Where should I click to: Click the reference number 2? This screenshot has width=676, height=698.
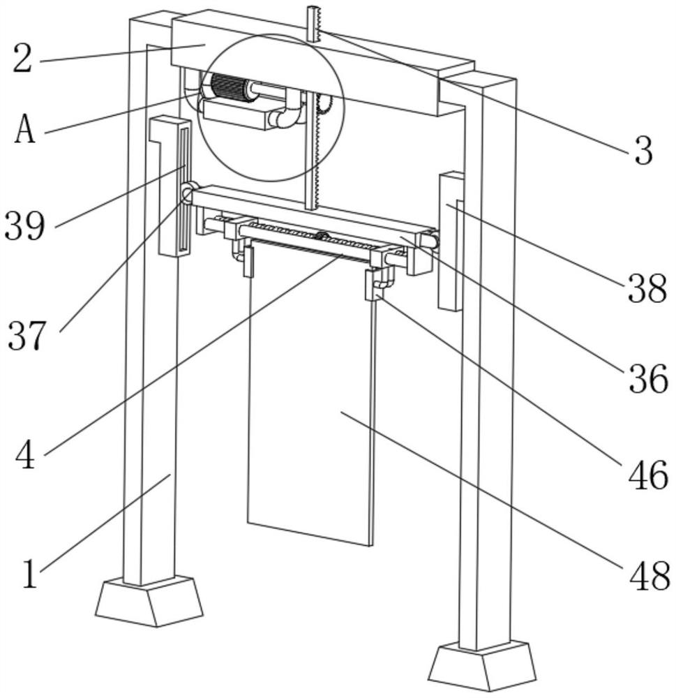click(x=22, y=59)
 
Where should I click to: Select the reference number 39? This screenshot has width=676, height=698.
click(x=25, y=225)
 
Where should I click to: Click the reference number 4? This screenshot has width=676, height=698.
click(x=25, y=454)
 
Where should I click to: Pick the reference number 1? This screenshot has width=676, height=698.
click(x=29, y=574)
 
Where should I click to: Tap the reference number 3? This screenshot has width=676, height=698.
click(x=643, y=151)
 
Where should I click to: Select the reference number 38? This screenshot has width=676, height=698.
click(x=647, y=288)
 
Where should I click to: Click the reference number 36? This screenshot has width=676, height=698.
click(x=648, y=378)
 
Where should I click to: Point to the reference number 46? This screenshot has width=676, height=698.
click(x=648, y=475)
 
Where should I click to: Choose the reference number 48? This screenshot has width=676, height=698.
click(x=649, y=576)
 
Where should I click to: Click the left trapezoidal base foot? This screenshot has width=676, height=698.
click(x=149, y=601)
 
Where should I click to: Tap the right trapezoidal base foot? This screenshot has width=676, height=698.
click(x=482, y=666)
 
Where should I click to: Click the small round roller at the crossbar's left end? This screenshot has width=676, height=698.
click(x=187, y=193)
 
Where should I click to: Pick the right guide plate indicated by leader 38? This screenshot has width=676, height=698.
click(x=451, y=242)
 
